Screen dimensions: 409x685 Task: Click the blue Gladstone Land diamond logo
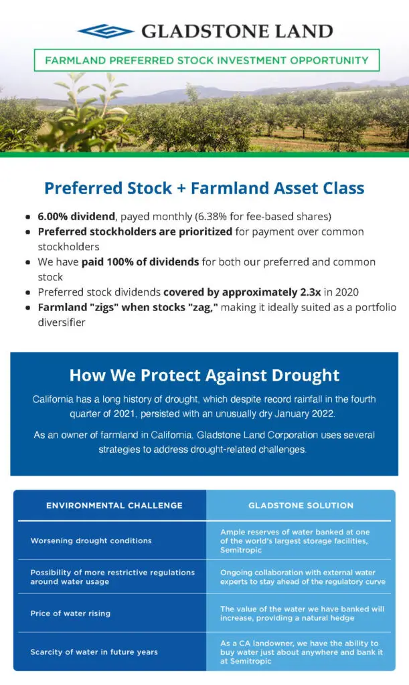click(105, 31)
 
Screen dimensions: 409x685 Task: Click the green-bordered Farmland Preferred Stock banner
click(207, 60)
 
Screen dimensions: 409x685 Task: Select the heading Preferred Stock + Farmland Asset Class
click(204, 188)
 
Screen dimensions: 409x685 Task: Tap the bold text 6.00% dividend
click(76, 216)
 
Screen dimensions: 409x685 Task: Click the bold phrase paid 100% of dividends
click(141, 262)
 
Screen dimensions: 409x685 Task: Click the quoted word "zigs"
click(104, 307)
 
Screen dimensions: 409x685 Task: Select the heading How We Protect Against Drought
click(205, 375)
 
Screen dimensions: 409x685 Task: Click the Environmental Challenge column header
click(114, 506)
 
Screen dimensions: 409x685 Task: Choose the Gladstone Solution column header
click(301, 506)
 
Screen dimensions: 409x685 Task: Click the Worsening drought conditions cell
click(91, 541)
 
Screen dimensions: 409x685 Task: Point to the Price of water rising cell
click(70, 613)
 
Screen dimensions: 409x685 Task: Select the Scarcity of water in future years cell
click(94, 652)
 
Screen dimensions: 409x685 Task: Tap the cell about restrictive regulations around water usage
click(112, 577)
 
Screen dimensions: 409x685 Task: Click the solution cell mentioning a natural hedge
click(303, 613)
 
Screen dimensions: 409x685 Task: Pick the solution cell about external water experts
click(303, 577)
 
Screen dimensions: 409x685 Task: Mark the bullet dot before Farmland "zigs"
click(28, 308)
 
